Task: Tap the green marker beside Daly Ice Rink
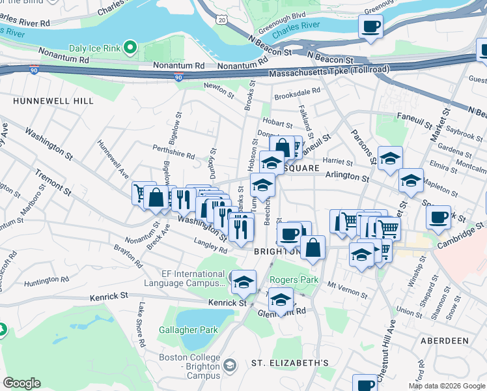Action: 130,47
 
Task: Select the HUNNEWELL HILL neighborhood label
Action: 53,101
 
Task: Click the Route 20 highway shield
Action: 222,21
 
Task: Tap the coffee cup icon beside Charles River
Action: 370,27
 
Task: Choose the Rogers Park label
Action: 294,280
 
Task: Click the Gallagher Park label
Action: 188,330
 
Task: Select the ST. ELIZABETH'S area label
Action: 281,362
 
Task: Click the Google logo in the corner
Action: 21,383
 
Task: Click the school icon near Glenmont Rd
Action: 281,300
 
